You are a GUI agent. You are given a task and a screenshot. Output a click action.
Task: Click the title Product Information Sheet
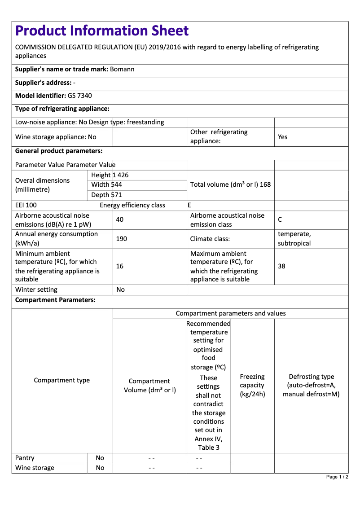102,31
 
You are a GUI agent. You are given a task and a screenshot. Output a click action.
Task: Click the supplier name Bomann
122,69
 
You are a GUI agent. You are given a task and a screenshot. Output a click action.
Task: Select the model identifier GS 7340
80,96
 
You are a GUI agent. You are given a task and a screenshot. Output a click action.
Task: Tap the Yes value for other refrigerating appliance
282,137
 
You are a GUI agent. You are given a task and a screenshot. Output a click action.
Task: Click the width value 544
117,184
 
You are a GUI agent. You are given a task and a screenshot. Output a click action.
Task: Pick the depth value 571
117,195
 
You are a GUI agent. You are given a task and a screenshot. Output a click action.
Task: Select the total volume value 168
265,184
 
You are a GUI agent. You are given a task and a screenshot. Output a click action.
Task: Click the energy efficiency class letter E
189,205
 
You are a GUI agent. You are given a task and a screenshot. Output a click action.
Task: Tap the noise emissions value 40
120,219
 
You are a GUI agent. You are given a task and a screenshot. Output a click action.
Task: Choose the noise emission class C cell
280,219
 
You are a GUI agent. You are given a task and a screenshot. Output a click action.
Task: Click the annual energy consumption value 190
121,239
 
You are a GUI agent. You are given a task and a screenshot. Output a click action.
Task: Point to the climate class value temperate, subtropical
294,239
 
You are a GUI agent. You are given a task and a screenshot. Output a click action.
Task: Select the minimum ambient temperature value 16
120,266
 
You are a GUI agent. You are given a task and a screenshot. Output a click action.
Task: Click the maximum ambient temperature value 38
281,266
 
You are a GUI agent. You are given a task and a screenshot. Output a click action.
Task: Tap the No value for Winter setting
120,290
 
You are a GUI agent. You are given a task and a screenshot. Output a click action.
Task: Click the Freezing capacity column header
252,385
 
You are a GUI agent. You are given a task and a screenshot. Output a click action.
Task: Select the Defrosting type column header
311,385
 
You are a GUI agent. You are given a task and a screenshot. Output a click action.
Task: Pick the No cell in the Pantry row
100,458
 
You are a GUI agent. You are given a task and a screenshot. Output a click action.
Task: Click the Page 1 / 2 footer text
337,477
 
